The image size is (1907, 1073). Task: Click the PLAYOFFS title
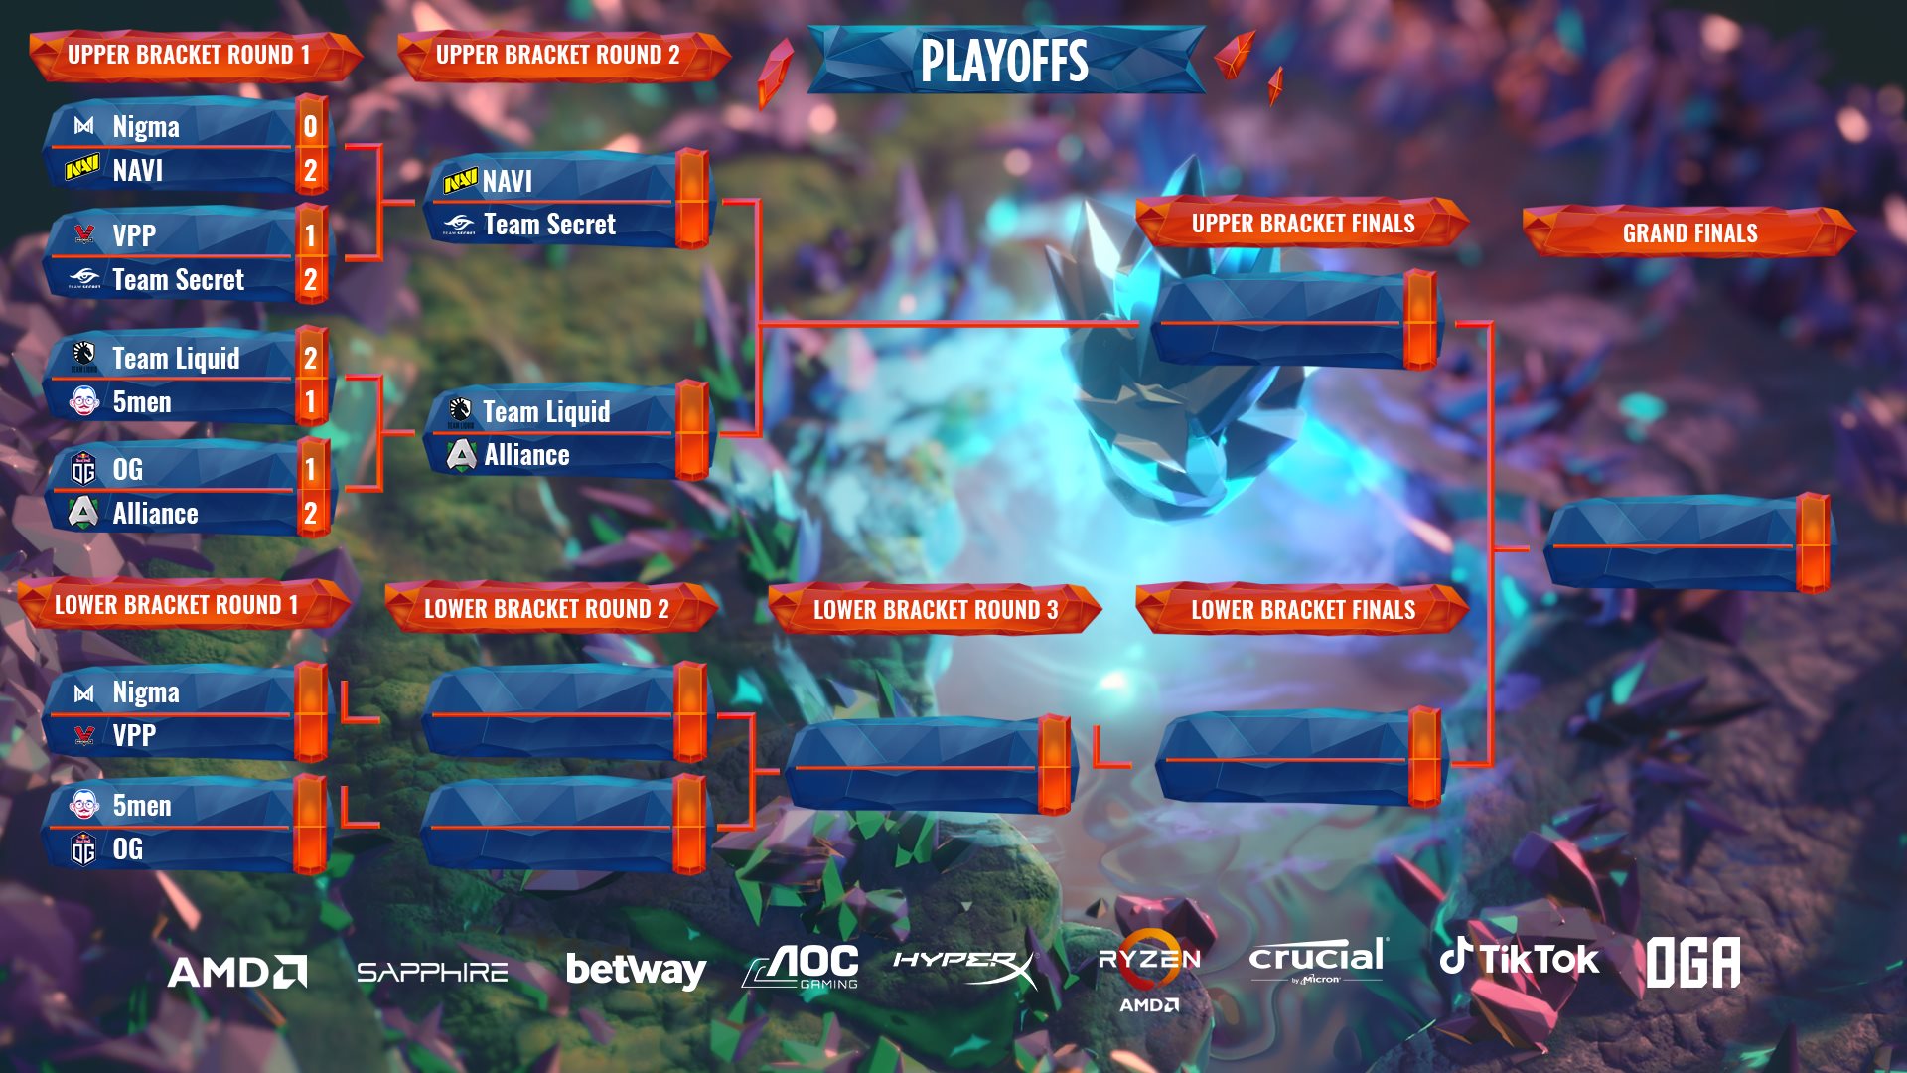click(x=1004, y=61)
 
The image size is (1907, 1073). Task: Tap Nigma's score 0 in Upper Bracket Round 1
click(x=311, y=127)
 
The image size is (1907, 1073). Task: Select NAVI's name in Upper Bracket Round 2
click(x=508, y=182)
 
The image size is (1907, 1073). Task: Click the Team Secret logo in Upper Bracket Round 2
click(x=459, y=225)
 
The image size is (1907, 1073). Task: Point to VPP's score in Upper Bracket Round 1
click(x=311, y=235)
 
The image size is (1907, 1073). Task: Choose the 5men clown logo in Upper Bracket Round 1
click(x=84, y=401)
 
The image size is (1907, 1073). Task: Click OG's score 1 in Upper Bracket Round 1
click(x=311, y=469)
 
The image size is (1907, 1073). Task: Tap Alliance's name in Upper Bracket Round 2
click(x=526, y=455)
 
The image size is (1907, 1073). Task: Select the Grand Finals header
click(x=1689, y=233)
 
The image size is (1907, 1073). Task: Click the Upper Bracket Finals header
click(x=1303, y=224)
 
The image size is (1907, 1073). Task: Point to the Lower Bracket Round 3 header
click(x=936, y=610)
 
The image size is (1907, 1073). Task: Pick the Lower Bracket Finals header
click(x=1303, y=610)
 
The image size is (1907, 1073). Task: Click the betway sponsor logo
click(x=636, y=970)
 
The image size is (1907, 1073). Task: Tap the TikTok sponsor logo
click(x=1520, y=958)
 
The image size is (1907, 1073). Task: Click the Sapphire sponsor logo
click(x=432, y=972)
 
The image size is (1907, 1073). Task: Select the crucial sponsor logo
click(x=1316, y=960)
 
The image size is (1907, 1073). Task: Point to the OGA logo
click(x=1693, y=962)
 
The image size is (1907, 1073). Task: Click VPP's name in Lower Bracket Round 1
click(x=134, y=735)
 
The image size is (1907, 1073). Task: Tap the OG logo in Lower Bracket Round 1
click(x=83, y=849)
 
